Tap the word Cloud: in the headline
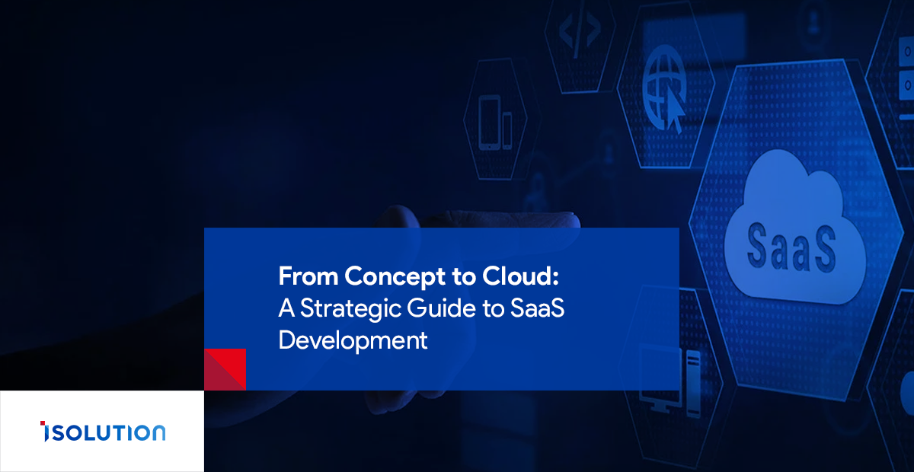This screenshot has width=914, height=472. [520, 276]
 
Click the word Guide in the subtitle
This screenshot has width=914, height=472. [442, 308]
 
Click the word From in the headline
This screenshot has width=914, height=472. [308, 276]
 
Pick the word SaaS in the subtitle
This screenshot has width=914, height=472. [538, 308]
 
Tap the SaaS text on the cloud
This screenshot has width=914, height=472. [791, 247]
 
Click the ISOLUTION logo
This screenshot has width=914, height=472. [103, 432]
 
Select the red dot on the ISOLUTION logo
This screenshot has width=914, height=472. [43, 423]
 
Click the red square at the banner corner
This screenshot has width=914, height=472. [225, 369]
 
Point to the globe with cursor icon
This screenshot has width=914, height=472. [664, 88]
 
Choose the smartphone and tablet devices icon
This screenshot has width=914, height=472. [495, 123]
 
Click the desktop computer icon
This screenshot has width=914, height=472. [670, 381]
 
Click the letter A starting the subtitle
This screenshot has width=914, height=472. [286, 308]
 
